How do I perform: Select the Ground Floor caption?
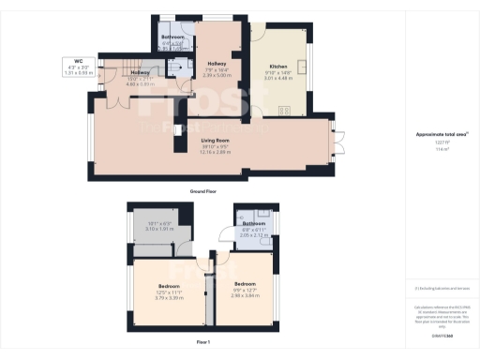point(204,191)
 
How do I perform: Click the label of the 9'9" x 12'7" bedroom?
point(245,284)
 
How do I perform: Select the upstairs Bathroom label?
point(254,224)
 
